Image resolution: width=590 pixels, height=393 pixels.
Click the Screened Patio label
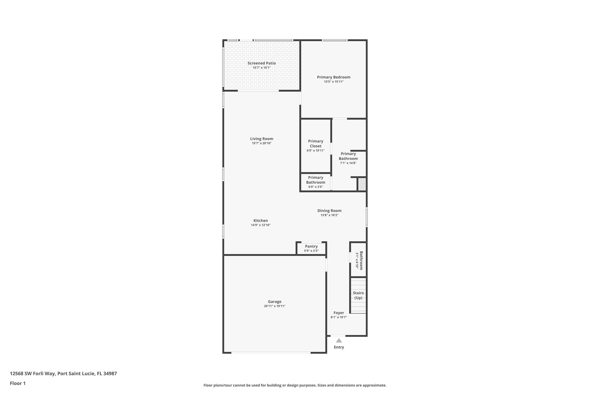point(261,63)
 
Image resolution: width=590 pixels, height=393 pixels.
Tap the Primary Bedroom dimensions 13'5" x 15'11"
point(333,82)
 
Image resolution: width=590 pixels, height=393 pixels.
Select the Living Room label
point(261,139)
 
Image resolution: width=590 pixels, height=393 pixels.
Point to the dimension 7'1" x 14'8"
point(348,163)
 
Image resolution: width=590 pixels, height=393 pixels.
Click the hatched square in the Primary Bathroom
point(362,184)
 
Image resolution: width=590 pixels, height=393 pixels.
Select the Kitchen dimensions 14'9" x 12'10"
point(261,225)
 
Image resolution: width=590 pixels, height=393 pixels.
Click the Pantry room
point(311,248)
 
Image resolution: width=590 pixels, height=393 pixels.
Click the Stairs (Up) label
point(358,295)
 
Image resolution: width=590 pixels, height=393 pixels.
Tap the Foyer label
point(338,313)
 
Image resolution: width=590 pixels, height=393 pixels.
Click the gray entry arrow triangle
point(339,341)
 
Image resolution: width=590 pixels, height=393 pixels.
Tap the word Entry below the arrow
point(339,347)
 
